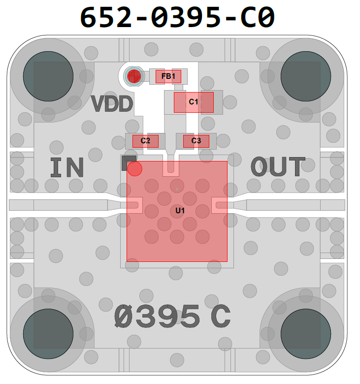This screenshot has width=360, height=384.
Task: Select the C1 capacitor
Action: point(194,102)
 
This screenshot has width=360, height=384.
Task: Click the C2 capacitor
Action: point(145,141)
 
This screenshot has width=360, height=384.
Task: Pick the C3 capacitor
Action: point(196,141)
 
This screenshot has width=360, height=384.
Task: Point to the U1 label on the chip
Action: point(180,211)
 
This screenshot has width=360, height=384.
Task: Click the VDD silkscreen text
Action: point(112,104)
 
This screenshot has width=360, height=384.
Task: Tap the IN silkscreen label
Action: point(67,168)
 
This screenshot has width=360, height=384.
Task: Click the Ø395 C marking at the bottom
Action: point(172,317)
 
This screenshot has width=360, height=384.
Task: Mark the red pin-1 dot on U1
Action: point(134,169)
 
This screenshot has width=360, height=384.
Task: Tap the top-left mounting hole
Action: point(48,76)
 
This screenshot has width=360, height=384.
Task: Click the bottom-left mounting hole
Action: point(48,329)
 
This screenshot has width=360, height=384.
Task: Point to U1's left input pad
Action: point(134,205)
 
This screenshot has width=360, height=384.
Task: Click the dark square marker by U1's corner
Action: point(128,160)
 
